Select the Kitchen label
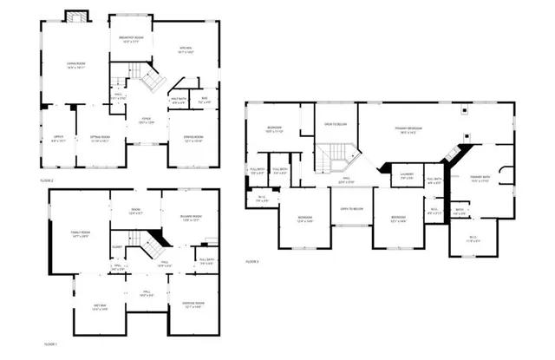(x=186, y=49)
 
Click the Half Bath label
(x=179, y=101)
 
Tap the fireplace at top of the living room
(x=76, y=17)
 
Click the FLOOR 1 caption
(x=50, y=344)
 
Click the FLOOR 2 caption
(x=47, y=180)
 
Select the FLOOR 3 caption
(x=251, y=261)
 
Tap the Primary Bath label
(x=480, y=178)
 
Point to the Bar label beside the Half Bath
(x=205, y=101)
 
